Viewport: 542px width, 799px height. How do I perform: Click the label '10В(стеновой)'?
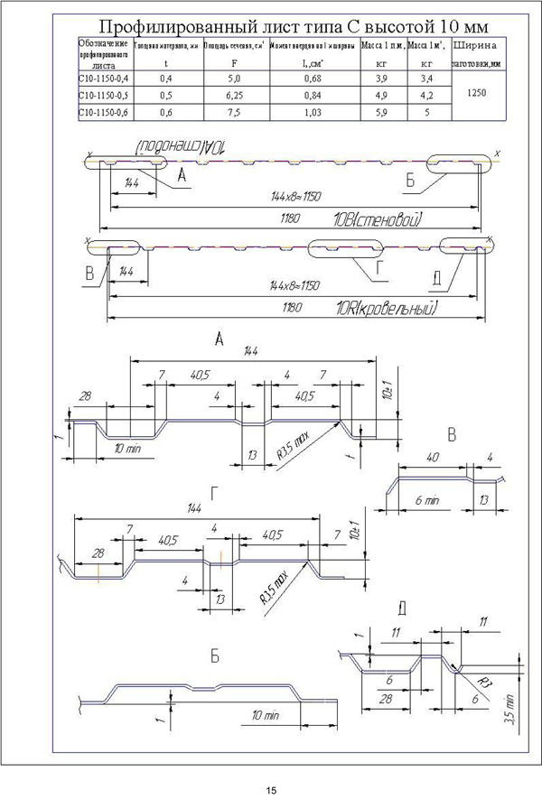tap(378, 219)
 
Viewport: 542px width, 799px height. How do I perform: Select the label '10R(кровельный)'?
tap(385, 310)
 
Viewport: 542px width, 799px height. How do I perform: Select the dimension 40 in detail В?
tap(433, 458)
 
